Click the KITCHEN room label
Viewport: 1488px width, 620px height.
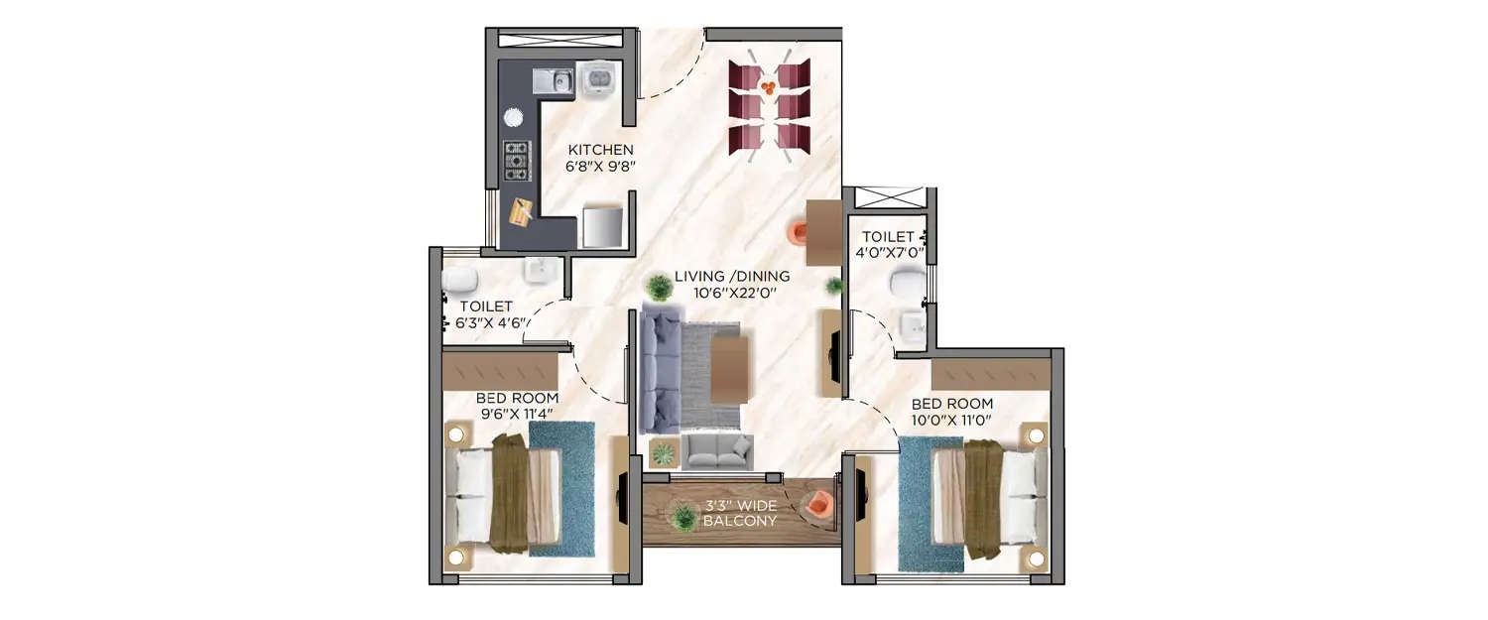coord(601,150)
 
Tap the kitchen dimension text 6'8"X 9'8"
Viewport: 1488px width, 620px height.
coord(601,167)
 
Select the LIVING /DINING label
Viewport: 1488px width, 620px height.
coord(732,276)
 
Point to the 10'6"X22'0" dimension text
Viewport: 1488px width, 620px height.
coord(732,293)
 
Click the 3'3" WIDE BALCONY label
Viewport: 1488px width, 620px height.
coord(740,512)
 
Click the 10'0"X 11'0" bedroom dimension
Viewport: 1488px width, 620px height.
coord(952,421)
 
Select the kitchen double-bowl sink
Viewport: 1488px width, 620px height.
coord(553,80)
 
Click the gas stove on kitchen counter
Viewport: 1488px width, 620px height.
coord(516,161)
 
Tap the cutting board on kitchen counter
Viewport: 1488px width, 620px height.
coord(522,210)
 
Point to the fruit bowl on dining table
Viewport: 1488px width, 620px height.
coord(769,87)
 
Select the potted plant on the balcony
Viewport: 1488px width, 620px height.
coord(682,516)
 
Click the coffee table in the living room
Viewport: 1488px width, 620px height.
coord(729,369)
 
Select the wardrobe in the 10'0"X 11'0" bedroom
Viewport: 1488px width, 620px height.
coord(990,374)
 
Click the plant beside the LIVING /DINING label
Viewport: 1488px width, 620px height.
coord(659,289)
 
